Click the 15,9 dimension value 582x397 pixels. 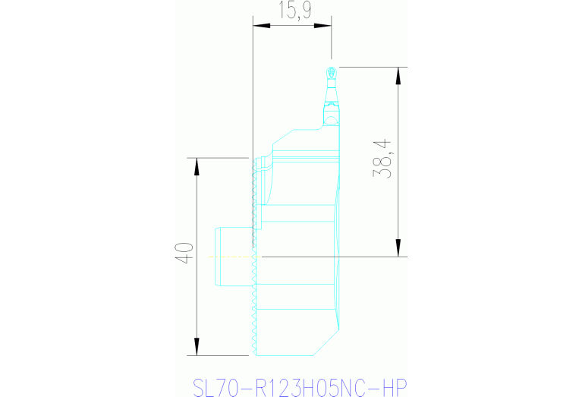point(291,11)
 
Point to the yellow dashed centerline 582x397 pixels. point(228,257)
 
